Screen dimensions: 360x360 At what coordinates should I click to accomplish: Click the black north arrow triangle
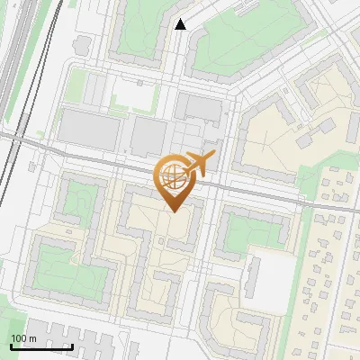point(181,24)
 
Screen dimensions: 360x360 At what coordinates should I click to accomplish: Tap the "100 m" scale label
point(23,337)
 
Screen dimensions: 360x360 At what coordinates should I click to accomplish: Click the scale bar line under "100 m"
point(41,346)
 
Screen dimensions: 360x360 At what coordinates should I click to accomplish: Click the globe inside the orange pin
point(172,176)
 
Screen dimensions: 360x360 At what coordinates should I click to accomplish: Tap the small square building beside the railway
point(83,42)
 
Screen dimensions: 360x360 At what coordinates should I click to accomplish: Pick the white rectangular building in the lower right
point(267,278)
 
